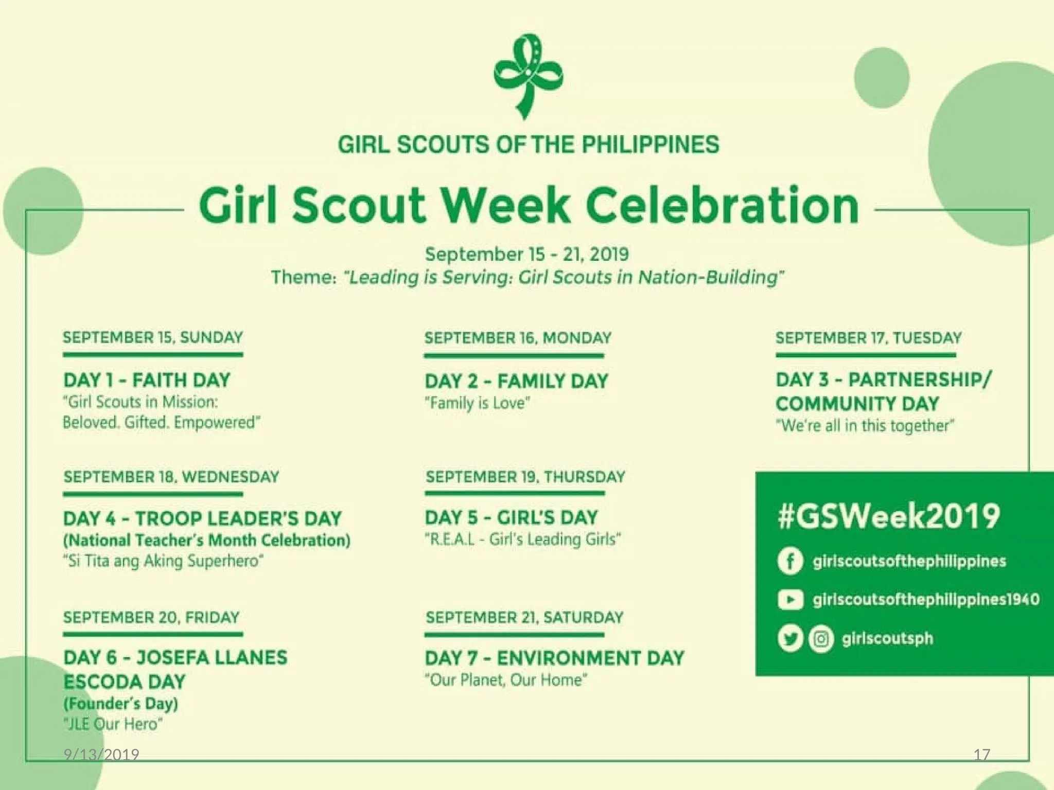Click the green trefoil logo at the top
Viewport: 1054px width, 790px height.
(528, 76)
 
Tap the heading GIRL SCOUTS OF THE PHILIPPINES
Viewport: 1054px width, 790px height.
(528, 145)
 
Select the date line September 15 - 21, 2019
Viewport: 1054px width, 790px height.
(526, 254)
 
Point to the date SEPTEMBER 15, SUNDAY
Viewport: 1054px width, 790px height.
(153, 338)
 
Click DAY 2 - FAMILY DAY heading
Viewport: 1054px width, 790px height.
(516, 381)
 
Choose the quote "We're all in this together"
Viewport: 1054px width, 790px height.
(865, 426)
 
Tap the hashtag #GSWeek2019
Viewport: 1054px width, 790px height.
(889, 516)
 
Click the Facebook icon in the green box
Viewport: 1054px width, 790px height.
(790, 561)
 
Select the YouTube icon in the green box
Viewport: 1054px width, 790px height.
(790, 600)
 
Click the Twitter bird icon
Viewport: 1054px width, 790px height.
(790, 639)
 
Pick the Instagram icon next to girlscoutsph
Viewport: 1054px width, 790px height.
(821, 639)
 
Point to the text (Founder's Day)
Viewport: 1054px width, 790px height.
(121, 703)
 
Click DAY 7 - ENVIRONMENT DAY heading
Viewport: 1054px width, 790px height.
(554, 658)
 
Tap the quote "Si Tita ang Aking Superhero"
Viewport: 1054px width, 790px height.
(163, 561)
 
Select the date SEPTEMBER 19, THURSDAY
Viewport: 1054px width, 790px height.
(525, 477)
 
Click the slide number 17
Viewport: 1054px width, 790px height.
(981, 755)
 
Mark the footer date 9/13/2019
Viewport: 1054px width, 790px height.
(101, 755)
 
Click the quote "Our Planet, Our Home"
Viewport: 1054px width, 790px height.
(506, 680)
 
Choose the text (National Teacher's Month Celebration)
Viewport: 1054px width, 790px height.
(207, 540)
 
